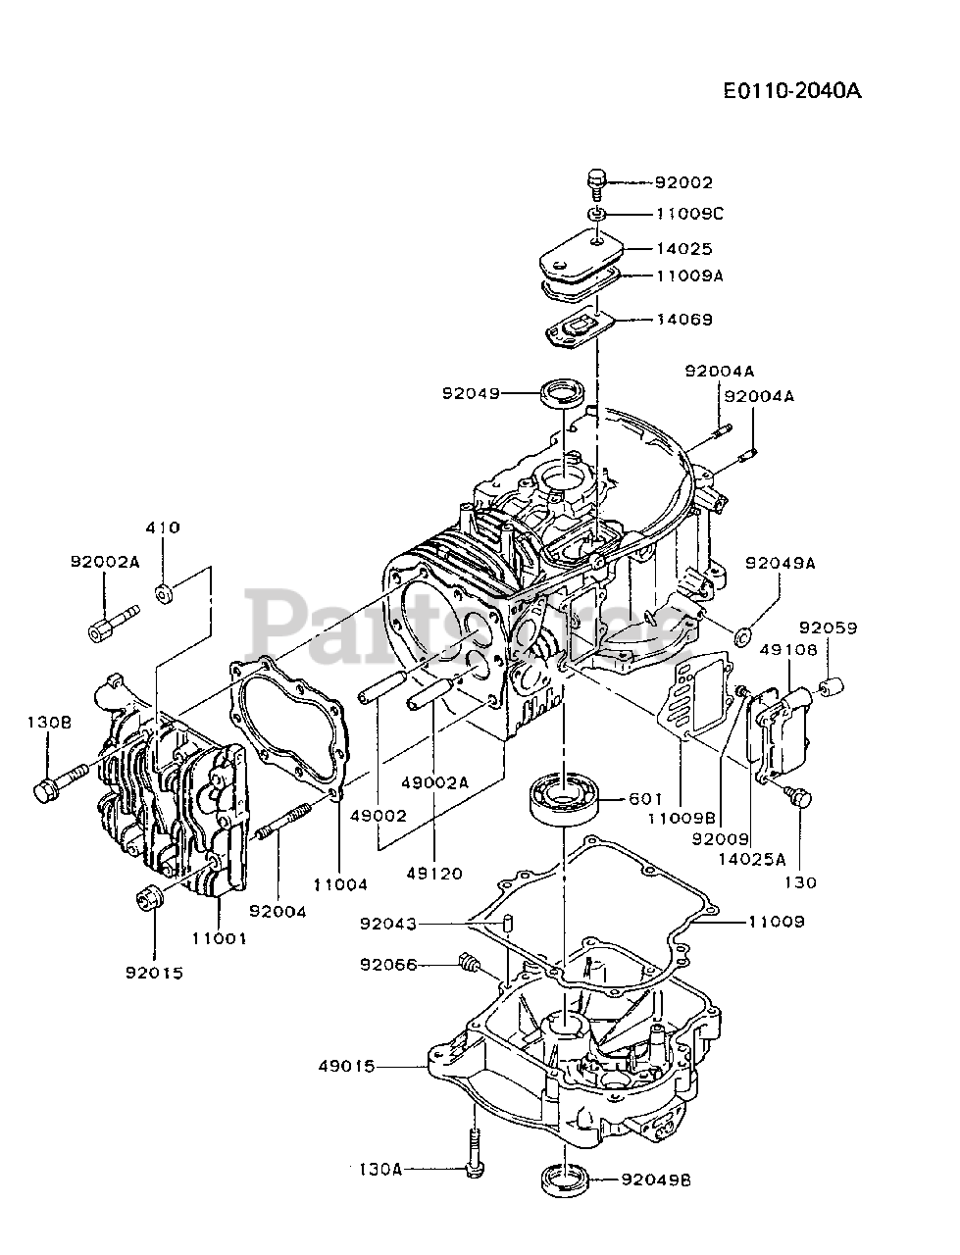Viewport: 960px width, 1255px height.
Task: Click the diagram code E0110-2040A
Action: (791, 91)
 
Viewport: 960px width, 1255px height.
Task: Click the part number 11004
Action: (340, 884)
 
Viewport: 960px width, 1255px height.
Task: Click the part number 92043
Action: (387, 924)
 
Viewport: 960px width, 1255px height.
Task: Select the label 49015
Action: (348, 1066)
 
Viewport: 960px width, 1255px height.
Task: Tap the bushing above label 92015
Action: (150, 895)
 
